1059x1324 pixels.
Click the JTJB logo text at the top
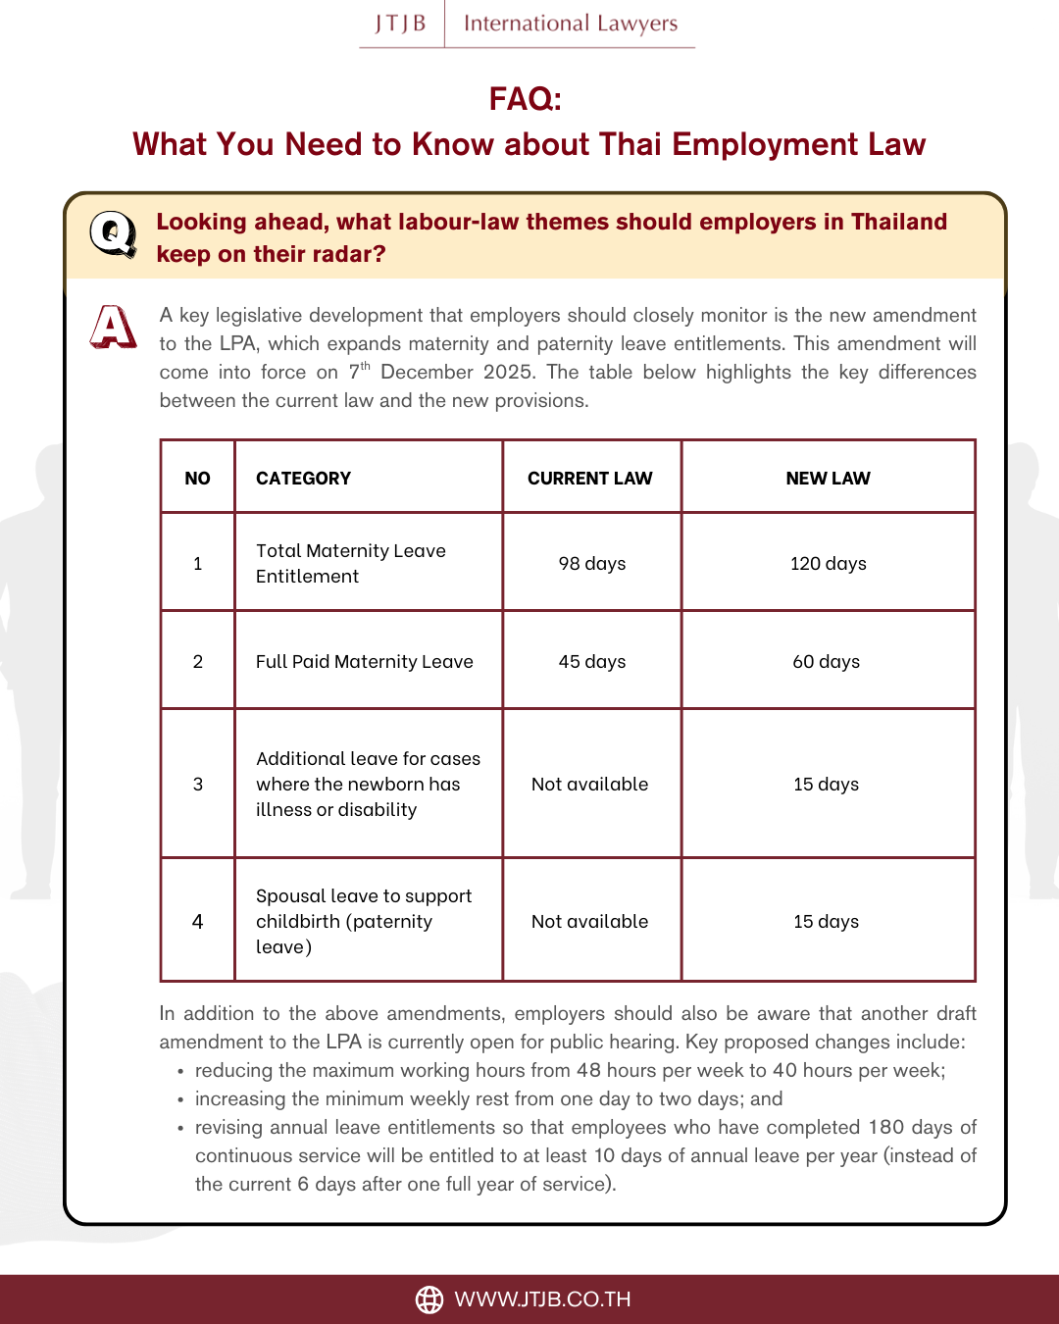click(400, 24)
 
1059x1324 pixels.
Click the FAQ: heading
click(526, 98)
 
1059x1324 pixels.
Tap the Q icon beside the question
click(113, 233)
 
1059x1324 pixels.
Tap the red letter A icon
click(113, 327)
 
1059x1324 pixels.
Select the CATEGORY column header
click(303, 479)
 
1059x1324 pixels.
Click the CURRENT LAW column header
click(589, 479)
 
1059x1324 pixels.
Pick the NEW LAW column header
click(828, 479)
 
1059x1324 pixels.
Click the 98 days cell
click(591, 564)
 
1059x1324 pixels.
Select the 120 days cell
click(828, 564)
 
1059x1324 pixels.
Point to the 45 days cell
click(591, 662)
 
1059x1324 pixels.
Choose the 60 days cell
click(826, 662)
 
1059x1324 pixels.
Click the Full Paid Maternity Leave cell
click(364, 662)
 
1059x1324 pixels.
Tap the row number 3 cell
click(198, 785)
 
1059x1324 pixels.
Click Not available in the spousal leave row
click(589, 922)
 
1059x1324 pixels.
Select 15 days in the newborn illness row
click(826, 785)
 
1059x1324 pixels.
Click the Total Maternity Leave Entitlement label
click(350, 564)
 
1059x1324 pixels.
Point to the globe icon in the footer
click(429, 1299)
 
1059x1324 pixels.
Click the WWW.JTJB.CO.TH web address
click(542, 1299)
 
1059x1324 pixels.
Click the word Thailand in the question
click(898, 222)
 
